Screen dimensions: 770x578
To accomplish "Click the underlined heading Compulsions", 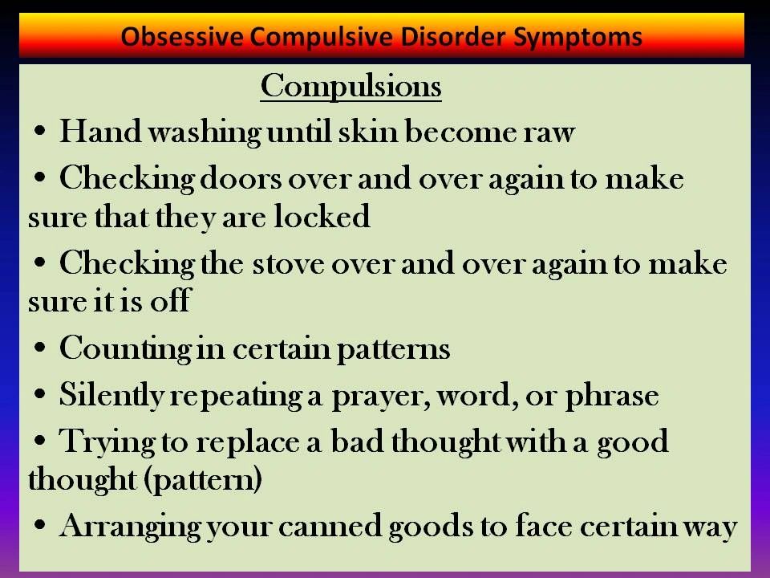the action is (x=351, y=87).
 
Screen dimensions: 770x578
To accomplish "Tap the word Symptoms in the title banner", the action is (x=578, y=38).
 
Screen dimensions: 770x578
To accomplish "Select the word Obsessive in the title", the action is (x=182, y=37).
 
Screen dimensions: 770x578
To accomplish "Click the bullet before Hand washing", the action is (x=40, y=131).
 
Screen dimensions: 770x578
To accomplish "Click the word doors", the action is (x=241, y=178).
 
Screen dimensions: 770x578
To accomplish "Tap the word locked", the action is (x=322, y=216).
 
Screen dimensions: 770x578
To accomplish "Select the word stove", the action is (x=288, y=264).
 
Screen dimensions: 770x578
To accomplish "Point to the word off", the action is (x=170, y=300).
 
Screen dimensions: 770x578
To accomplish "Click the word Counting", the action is (x=125, y=349).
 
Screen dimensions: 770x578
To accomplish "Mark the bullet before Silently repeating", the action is (x=40, y=393).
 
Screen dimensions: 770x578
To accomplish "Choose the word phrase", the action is (x=612, y=395).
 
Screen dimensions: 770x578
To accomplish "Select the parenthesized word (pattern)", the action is (x=203, y=480).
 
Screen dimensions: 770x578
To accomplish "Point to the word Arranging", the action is (x=130, y=527).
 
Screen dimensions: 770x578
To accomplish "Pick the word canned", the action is (x=330, y=526).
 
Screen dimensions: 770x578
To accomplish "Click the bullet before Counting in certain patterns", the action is (x=40, y=348).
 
